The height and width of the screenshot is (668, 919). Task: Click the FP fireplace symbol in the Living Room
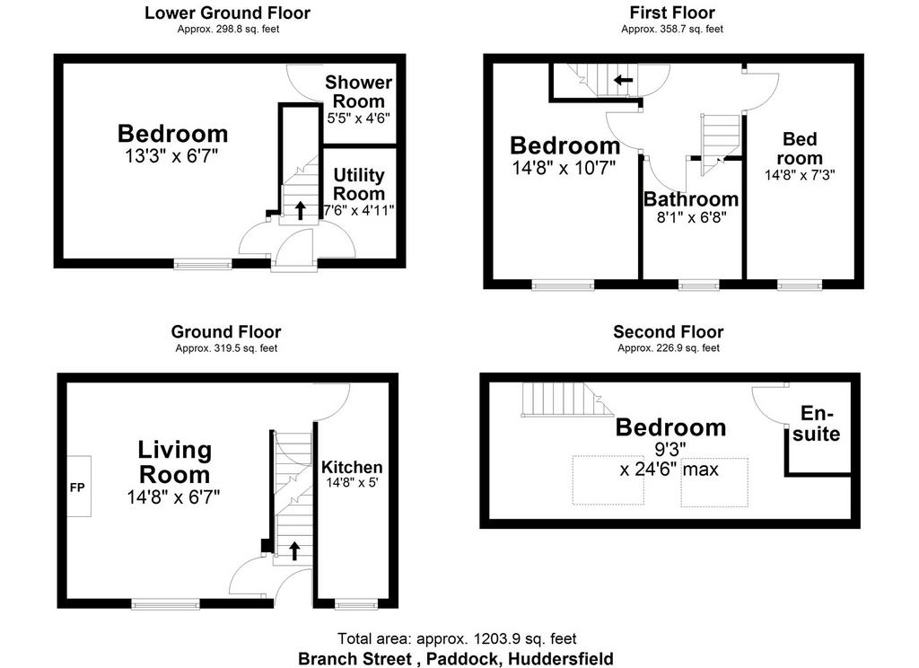(78, 487)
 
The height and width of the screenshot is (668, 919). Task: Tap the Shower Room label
(359, 92)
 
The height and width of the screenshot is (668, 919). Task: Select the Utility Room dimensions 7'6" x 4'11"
(359, 210)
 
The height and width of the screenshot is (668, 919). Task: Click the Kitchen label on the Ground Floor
(352, 467)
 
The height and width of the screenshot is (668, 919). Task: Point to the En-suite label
(817, 424)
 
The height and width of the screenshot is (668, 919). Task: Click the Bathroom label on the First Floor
(691, 199)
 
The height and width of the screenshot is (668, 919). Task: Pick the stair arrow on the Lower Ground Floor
(300, 210)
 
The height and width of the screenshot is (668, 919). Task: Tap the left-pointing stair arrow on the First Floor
(623, 80)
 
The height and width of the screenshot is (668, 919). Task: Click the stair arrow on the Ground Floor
(294, 550)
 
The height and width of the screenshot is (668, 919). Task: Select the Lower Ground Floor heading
(227, 13)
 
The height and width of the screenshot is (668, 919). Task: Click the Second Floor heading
(668, 332)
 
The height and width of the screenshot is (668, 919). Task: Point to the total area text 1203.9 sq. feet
(457, 638)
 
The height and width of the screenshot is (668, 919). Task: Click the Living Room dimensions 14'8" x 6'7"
(173, 497)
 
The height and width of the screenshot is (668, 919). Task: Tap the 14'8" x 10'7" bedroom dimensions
(564, 168)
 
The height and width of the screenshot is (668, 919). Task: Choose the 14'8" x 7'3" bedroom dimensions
(800, 175)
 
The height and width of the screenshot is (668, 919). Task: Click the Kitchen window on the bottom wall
(356, 603)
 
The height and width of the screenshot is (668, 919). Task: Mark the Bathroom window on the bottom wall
(698, 285)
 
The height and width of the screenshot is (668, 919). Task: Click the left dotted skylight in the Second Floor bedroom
(608, 479)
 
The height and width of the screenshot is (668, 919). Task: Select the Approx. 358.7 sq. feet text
(672, 29)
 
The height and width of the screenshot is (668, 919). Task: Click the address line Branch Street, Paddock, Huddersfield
(456, 659)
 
